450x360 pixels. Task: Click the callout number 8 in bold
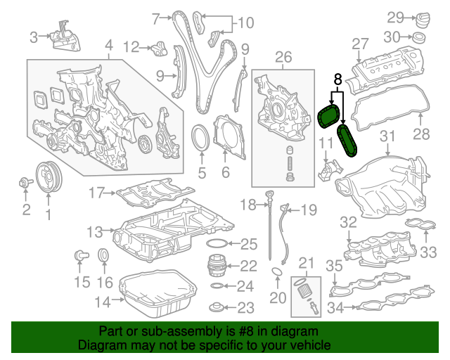(337, 80)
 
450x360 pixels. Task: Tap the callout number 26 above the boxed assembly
(283, 57)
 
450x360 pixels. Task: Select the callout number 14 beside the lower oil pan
(103, 302)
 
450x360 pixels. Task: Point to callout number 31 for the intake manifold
(389, 135)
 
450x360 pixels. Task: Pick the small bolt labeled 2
(25, 184)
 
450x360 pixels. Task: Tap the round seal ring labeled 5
(201, 137)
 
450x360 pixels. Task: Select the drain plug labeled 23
(219, 307)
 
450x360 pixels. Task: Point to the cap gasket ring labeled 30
(420, 37)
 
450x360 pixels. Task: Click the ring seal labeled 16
(103, 256)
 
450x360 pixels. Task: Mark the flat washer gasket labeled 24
(218, 287)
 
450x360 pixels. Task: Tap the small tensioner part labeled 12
(158, 49)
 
